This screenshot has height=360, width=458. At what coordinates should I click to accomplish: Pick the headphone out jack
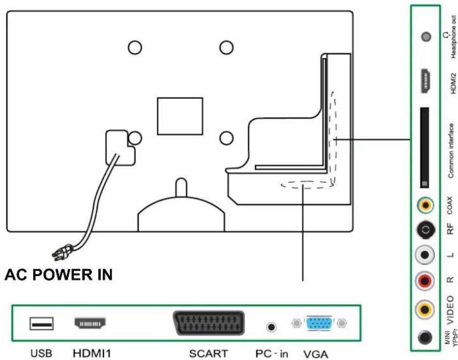(x=426, y=36)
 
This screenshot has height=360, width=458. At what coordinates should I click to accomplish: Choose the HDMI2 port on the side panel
(x=426, y=81)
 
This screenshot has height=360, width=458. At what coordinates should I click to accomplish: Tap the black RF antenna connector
(x=425, y=231)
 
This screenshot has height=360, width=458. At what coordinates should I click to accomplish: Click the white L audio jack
(x=425, y=256)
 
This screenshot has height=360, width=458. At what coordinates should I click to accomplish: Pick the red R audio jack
(x=425, y=280)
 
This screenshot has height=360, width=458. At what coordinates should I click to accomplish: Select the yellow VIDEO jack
(x=425, y=307)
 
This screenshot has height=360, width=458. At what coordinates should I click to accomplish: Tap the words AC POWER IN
(x=58, y=275)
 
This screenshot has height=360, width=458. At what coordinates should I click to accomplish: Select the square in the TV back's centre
(x=180, y=116)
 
